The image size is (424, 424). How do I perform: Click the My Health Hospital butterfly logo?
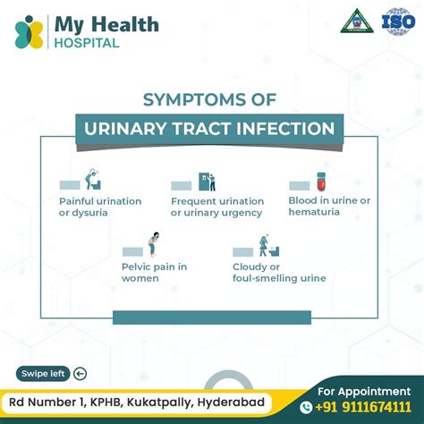[29, 32]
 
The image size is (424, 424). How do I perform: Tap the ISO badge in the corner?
[397, 21]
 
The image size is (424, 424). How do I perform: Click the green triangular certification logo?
[356, 21]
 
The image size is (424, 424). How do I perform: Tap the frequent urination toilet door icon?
[207, 182]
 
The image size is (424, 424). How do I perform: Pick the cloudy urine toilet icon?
[265, 245]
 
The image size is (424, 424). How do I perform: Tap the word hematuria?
[314, 213]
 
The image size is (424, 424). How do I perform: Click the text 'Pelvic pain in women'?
[154, 272]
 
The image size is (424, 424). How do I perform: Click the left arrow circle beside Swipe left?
[81, 374]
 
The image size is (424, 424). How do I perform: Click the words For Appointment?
[365, 389]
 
